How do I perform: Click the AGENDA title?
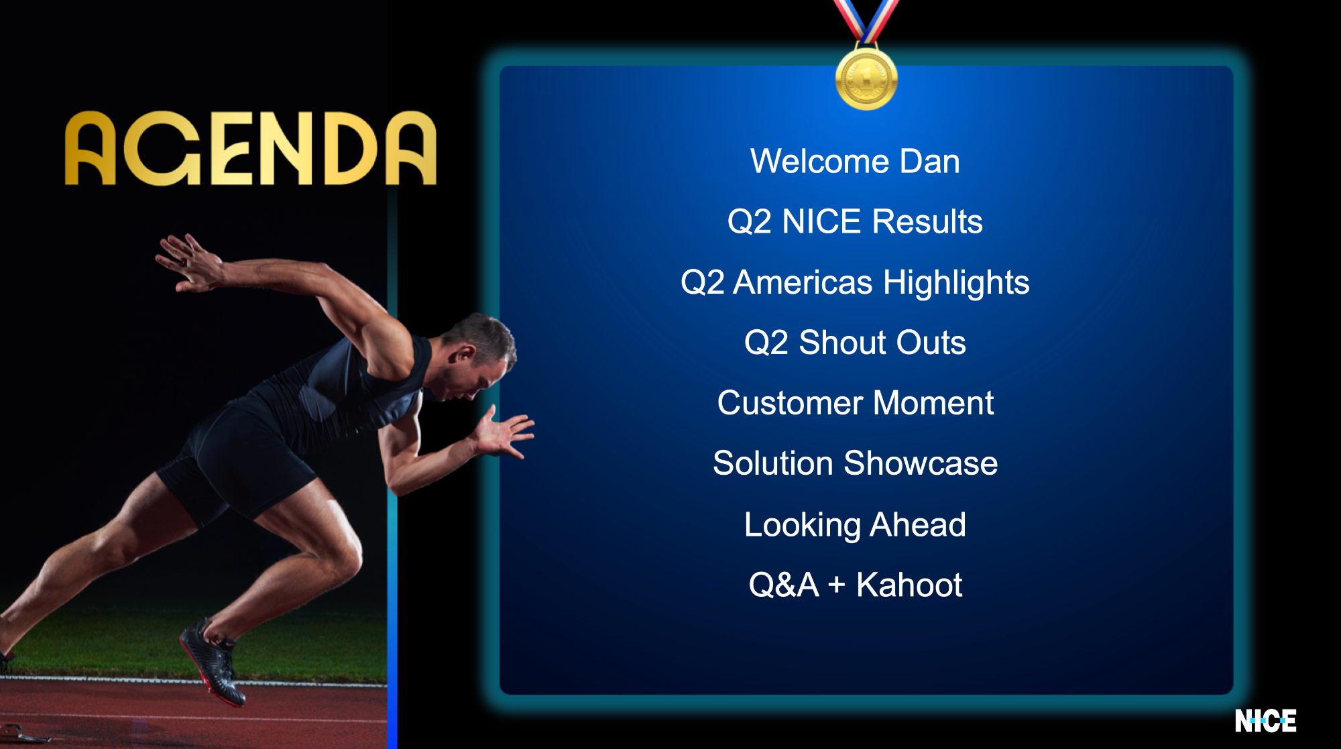(x=251, y=148)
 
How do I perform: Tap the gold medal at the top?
(x=866, y=78)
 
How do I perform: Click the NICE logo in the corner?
(x=1265, y=721)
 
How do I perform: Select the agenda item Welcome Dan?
(x=855, y=162)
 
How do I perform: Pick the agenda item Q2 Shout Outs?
(x=855, y=343)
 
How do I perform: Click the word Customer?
(x=790, y=403)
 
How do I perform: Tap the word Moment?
(x=933, y=403)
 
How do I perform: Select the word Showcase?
(x=921, y=463)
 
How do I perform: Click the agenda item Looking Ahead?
(x=855, y=525)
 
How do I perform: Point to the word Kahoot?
(x=909, y=585)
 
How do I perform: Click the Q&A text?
(x=784, y=585)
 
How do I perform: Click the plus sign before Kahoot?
(x=836, y=585)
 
